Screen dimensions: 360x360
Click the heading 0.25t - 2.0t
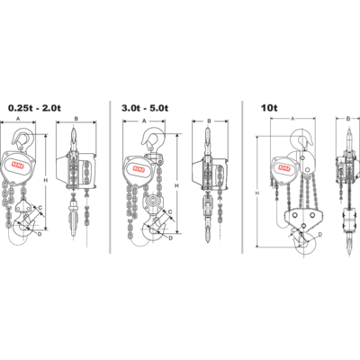[36, 108]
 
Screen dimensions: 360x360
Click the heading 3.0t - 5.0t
[151, 108]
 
